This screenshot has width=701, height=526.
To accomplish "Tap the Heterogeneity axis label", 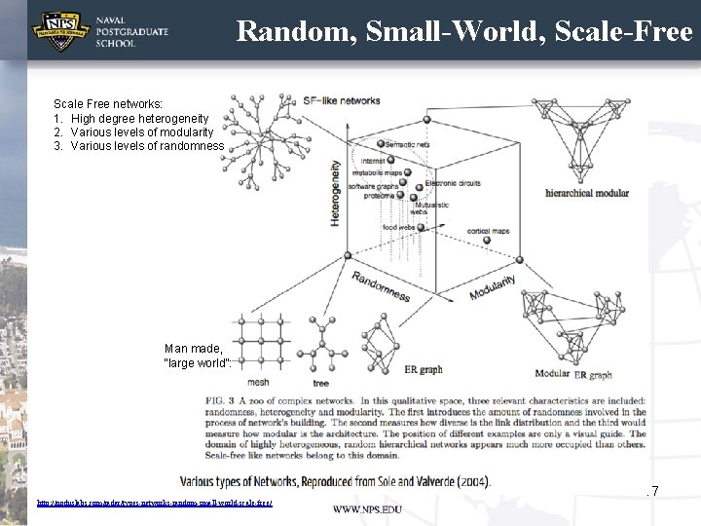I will point(335,194).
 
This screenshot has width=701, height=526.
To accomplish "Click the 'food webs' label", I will point(398,227).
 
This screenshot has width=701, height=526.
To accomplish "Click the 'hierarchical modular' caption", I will point(586,192).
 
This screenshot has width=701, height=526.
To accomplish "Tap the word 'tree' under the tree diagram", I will point(320,384).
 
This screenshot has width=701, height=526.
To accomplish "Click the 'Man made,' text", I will point(194,348).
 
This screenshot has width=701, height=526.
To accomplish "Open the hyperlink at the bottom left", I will point(154,503).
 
